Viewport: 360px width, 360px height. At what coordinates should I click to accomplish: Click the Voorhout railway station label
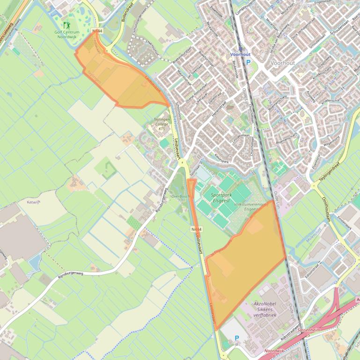coord(240,55)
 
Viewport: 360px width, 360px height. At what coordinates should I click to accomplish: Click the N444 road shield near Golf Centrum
coord(97,31)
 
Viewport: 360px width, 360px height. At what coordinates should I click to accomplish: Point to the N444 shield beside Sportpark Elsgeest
coord(197,229)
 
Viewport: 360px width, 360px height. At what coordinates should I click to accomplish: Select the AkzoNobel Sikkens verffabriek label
coord(265,309)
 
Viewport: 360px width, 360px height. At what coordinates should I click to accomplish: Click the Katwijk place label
coord(34,202)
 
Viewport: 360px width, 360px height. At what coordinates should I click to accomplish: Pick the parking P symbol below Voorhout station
coord(249,62)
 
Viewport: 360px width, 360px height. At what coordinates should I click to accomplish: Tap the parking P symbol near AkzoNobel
coord(236,338)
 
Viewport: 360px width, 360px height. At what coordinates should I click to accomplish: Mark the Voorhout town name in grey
coord(282,62)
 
